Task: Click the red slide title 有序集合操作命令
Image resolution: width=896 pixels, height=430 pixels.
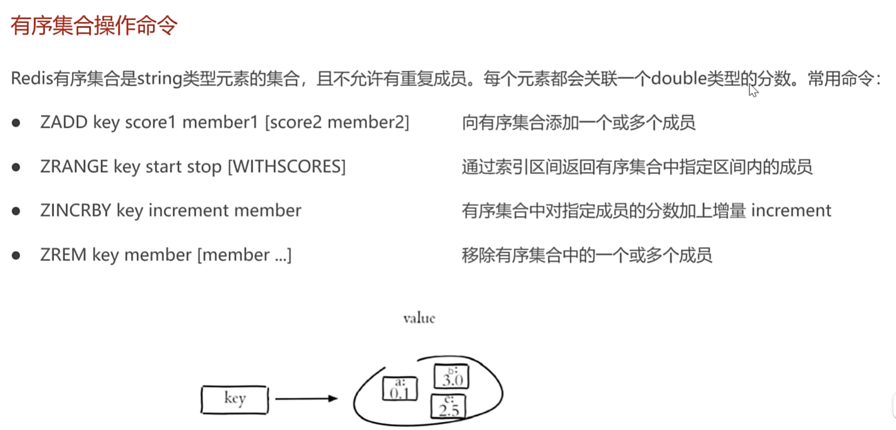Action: [94, 25]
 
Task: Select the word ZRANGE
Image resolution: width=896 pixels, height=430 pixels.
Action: [74, 166]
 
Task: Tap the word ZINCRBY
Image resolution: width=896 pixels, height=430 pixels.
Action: [75, 210]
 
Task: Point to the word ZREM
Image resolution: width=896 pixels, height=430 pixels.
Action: [63, 255]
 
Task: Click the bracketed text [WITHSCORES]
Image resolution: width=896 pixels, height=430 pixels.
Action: [287, 166]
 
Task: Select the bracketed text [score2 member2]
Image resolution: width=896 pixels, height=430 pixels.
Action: [337, 122]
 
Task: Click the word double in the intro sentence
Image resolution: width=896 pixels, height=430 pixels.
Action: [678, 78]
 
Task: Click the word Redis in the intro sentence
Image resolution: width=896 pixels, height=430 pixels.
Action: [32, 78]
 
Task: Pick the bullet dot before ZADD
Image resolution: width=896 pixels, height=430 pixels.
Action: [16, 123]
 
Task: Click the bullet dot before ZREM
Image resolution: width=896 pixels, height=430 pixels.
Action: [16, 256]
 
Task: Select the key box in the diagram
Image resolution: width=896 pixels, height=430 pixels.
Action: [234, 399]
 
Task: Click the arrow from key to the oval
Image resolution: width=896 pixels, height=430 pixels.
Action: [306, 399]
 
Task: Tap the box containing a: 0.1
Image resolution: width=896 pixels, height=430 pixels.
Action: [400, 389]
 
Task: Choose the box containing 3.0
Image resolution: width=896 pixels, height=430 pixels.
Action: [452, 376]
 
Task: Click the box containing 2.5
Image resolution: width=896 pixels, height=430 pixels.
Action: [449, 407]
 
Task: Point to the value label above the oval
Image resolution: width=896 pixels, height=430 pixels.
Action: [419, 318]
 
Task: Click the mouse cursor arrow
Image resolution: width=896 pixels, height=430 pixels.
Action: [753, 91]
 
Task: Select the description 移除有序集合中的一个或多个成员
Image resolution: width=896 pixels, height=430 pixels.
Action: [586, 255]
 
